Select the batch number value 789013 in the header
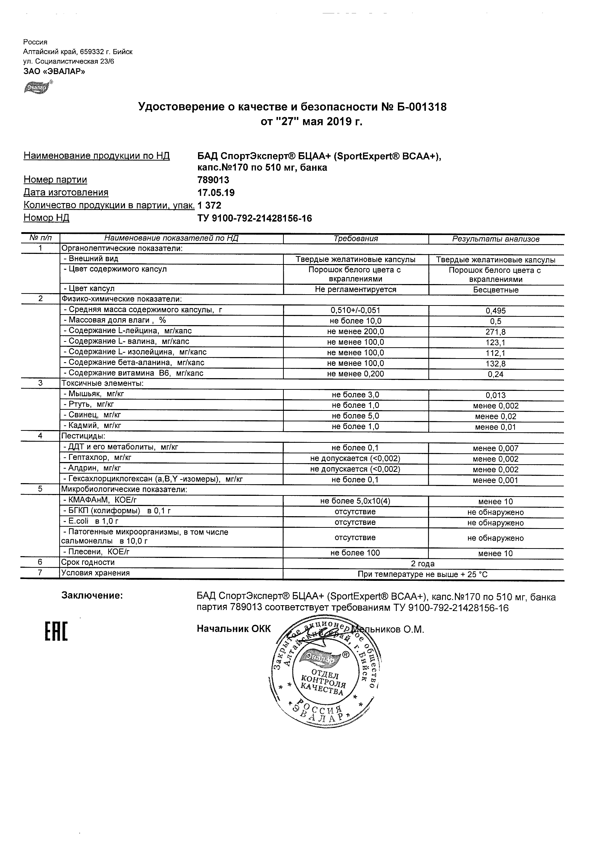213,180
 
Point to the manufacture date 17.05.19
216,193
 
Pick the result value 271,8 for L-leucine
496,332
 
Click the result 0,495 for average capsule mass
496,311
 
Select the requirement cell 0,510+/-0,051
355,311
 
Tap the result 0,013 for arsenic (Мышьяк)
496,395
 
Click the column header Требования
355,239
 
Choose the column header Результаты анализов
496,239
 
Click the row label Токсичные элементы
102,384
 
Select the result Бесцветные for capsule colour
496,290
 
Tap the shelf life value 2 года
423,564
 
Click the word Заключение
92,596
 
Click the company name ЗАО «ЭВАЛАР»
54,72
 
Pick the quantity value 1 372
210,205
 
